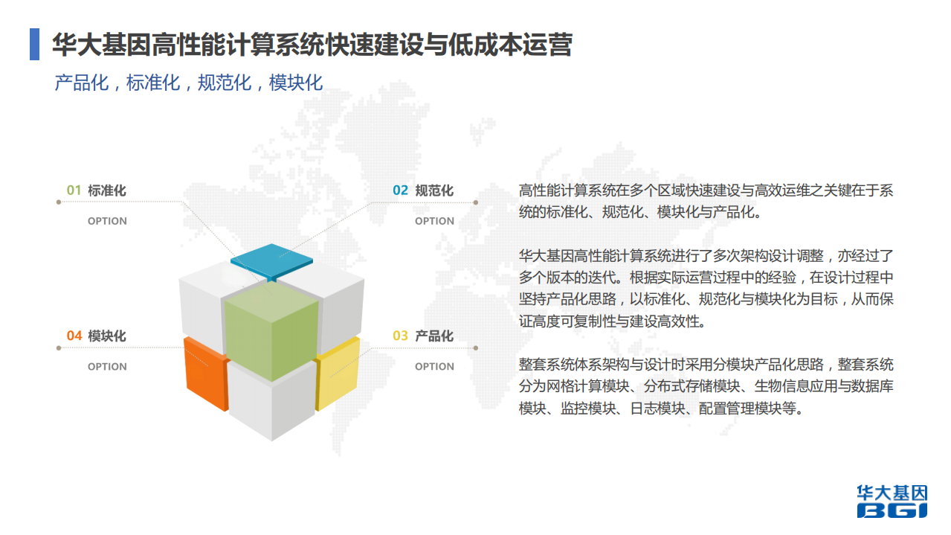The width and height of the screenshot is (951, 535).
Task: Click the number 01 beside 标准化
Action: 74,190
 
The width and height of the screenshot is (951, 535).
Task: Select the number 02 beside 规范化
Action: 401,190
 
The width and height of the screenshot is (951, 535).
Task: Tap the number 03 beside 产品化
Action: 401,336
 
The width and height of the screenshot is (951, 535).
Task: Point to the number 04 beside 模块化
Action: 74,336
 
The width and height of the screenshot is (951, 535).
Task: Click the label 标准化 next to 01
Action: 107,190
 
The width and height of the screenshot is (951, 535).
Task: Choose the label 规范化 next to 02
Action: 434,190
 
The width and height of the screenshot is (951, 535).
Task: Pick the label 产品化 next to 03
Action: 434,336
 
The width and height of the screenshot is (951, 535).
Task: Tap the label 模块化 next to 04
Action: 107,336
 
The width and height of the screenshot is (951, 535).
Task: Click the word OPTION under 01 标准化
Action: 107,221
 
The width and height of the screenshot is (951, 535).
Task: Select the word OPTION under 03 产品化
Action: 434,367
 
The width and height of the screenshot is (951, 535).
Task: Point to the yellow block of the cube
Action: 339,372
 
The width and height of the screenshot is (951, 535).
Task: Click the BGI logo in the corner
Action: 892,502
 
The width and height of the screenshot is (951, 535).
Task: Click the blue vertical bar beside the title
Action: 34,45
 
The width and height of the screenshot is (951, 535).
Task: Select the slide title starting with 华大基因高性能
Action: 312,45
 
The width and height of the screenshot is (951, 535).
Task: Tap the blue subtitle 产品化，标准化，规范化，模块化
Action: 189,82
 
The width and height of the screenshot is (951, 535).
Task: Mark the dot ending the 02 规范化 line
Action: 476,202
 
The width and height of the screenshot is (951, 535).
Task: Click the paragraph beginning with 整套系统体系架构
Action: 706,387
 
